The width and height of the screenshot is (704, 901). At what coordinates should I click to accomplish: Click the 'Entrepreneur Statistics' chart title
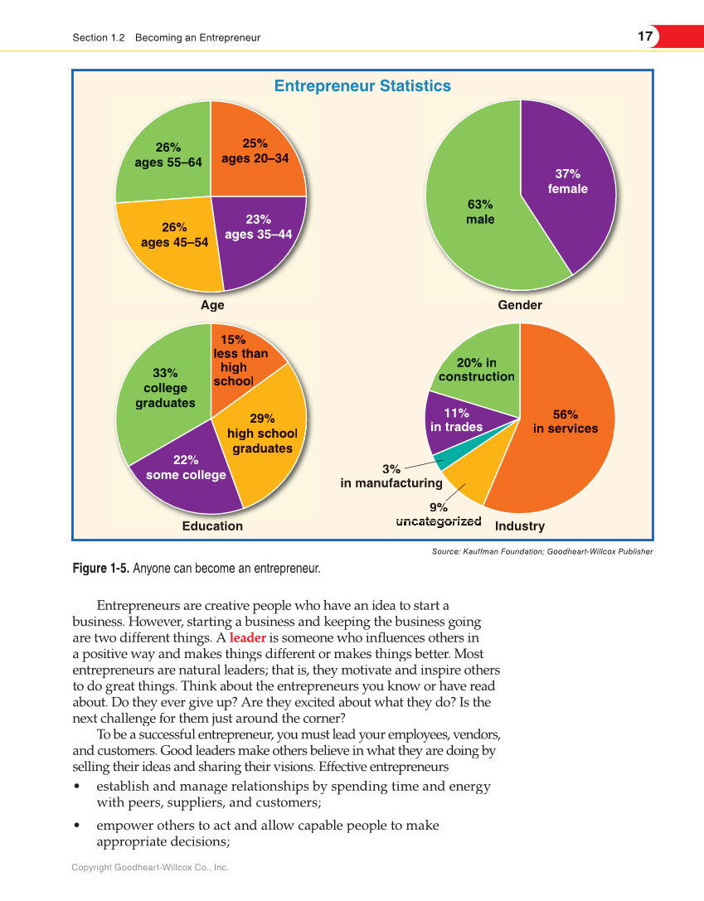click(362, 86)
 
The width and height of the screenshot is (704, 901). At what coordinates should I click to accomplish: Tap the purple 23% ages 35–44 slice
click(258, 240)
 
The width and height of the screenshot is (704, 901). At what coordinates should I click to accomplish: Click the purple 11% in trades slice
click(456, 419)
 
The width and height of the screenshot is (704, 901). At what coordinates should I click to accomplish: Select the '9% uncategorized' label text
click(439, 515)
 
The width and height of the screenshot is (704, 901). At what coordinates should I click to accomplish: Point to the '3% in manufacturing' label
click(391, 477)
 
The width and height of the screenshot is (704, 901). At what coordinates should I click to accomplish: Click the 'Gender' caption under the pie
click(520, 305)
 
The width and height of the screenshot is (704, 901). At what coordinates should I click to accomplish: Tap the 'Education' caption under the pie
click(212, 526)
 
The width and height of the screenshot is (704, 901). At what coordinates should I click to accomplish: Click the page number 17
click(645, 36)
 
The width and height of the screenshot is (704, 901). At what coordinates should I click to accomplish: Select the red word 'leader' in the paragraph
click(247, 638)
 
